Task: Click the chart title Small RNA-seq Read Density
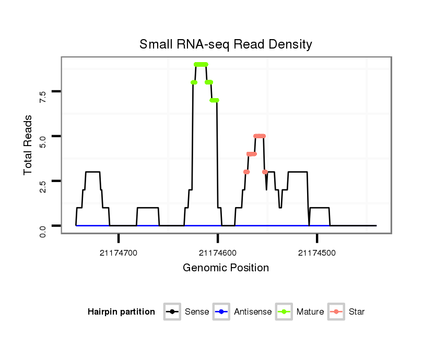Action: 226,44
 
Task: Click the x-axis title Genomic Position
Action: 226,268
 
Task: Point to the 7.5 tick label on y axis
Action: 42,95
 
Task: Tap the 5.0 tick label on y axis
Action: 42,140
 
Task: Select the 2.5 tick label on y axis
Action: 42,185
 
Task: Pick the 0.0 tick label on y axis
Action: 42,230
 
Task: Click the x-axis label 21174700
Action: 119,253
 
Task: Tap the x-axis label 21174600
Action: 218,253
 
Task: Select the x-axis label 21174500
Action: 317,253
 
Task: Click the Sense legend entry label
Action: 197,312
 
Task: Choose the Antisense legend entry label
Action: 253,312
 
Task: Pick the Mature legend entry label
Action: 310,312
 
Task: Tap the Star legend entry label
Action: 357,312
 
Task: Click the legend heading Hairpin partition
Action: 121,312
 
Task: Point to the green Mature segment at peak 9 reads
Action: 201,64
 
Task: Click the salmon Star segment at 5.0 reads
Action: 260,136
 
